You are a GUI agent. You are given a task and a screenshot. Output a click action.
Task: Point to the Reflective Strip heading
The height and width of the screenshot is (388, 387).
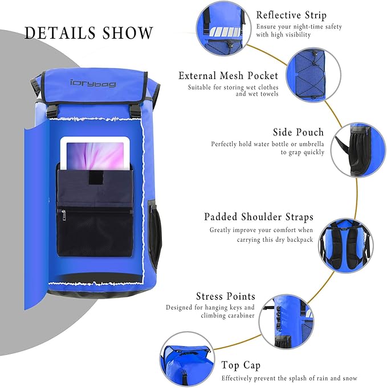(x=291, y=15)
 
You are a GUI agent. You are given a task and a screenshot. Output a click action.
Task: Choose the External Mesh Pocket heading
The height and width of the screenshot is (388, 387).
(x=228, y=76)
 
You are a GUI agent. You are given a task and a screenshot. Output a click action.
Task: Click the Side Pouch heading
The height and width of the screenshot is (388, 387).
(x=298, y=132)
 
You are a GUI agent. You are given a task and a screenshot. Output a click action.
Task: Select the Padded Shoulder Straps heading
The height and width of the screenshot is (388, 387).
(x=258, y=217)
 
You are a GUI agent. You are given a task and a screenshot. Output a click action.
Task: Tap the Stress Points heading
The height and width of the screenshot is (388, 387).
(x=225, y=296)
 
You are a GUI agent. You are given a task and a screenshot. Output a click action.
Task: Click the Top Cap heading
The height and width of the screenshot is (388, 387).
(x=241, y=365)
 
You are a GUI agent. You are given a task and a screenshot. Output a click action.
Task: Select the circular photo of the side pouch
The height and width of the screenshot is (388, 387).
(x=357, y=148)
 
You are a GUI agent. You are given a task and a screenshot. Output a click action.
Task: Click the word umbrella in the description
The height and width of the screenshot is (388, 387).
(x=309, y=145)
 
